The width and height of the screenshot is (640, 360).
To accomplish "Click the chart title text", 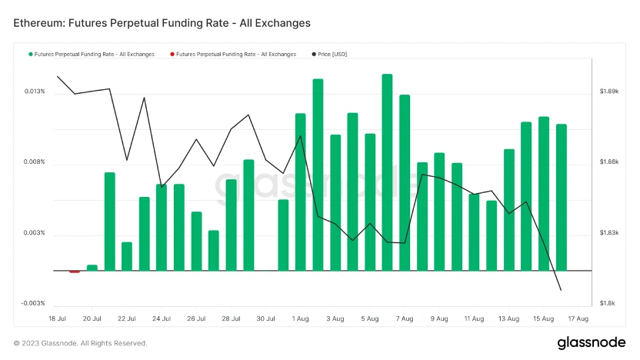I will click(x=162, y=23).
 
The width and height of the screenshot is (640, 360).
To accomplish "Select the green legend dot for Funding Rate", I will click(x=30, y=54).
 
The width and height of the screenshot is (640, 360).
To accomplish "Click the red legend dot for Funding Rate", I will click(x=172, y=54).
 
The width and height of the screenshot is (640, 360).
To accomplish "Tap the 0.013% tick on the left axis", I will click(x=35, y=92).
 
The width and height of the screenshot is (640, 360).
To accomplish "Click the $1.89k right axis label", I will click(x=608, y=92).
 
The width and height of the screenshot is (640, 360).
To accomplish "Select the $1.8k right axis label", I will click(x=607, y=304).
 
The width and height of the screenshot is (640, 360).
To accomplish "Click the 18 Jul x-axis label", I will click(x=58, y=318).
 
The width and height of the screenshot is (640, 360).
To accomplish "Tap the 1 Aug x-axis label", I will click(x=301, y=318).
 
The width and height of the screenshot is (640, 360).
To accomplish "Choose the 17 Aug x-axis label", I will click(x=578, y=318).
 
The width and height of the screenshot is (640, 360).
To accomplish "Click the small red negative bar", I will click(x=75, y=272).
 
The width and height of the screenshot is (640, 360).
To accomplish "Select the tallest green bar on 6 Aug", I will click(x=387, y=172).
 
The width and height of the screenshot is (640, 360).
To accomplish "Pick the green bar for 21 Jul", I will click(x=109, y=222).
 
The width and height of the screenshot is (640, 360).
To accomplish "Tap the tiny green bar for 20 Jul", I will click(x=92, y=268).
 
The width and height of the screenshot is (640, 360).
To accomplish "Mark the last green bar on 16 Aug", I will click(x=562, y=197).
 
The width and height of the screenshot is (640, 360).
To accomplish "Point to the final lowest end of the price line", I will click(x=561, y=290).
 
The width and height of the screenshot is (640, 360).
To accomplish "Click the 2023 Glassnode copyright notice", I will click(x=80, y=343).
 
